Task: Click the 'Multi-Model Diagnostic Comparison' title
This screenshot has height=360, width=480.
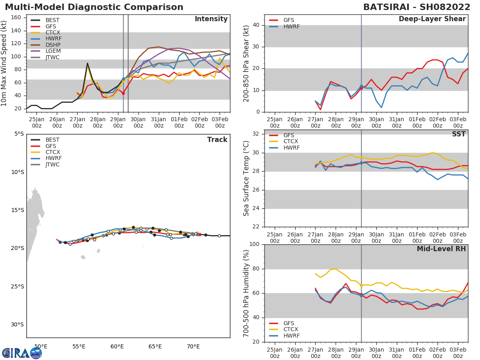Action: pos(94,7)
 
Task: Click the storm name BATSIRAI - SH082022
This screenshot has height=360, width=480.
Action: pos(416,7)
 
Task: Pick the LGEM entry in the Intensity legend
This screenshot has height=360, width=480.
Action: pos(53,51)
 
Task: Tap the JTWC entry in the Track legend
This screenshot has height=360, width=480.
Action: pos(53,165)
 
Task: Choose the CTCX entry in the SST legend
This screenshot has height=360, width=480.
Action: pos(291,142)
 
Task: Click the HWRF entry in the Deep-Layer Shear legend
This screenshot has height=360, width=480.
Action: pos(291,26)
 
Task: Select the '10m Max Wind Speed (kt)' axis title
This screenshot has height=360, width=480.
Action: pos(4,63)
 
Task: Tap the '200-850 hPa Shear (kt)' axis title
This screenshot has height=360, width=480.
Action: pos(246,63)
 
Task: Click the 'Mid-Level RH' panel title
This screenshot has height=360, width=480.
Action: pos(441,249)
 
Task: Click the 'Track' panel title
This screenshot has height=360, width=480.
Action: pos(217,140)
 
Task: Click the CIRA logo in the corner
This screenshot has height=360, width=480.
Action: pos(22,353)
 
